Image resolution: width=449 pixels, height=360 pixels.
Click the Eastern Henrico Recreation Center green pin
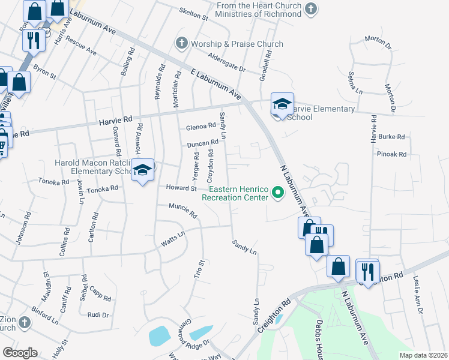(278, 193)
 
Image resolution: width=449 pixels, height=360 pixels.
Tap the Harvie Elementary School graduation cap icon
(282, 104)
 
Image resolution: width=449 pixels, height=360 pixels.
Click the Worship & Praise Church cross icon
(182, 44)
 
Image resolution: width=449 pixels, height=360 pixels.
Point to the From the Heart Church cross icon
(310, 8)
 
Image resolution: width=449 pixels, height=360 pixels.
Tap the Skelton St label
(193, 14)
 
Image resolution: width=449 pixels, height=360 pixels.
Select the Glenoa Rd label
(200, 126)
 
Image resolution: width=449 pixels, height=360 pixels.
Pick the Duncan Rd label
(202, 143)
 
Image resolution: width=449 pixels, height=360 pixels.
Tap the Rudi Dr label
(97, 314)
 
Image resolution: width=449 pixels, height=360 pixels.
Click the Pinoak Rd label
(392, 154)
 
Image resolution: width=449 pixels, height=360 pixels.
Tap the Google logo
(20, 352)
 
